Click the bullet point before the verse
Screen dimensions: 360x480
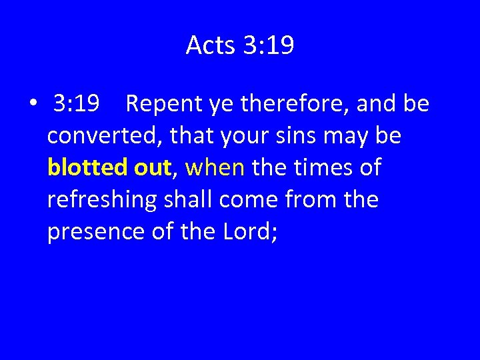[32, 105]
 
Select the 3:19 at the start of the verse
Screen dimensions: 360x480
[77, 104]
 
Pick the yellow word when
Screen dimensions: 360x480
[215, 167]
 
